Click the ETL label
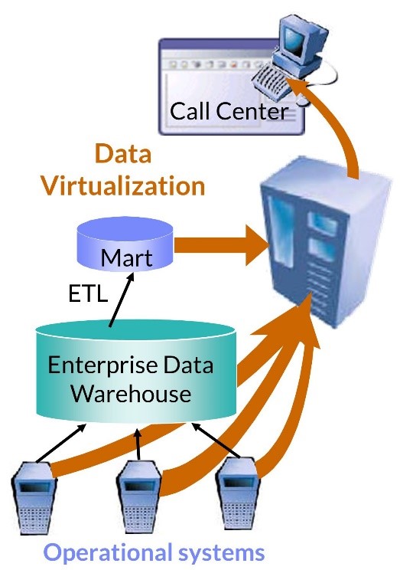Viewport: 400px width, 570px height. [88, 293]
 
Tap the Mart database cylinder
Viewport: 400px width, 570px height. [125, 244]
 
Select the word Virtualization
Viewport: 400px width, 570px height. [123, 185]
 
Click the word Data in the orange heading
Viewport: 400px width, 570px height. [122, 154]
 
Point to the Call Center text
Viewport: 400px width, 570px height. [229, 111]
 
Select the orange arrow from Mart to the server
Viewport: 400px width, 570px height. [222, 244]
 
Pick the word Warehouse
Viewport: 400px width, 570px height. [131, 393]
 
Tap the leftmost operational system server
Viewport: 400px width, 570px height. [34, 496]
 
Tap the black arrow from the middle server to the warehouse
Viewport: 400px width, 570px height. [138, 444]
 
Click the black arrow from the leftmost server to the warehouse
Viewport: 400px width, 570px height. [60, 443]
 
